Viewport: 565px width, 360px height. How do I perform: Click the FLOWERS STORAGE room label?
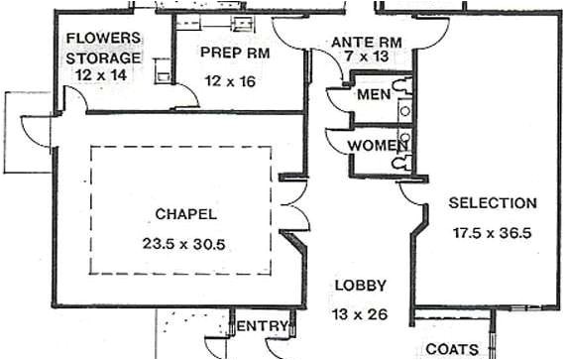point(102,48)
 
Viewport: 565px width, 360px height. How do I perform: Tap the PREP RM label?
point(230,51)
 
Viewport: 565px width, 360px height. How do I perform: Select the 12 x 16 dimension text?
point(230,81)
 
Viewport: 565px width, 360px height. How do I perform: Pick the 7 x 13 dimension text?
point(366,58)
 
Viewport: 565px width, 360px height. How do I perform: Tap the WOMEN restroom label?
point(378,146)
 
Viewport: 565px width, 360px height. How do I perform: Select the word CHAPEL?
point(185,213)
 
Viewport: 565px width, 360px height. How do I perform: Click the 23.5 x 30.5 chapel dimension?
point(184,242)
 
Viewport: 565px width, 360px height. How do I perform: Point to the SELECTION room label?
point(493,203)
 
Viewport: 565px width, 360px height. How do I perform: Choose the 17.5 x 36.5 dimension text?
point(493,234)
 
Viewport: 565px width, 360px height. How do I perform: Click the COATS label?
point(451,349)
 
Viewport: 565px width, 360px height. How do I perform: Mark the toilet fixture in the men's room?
point(399,87)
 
